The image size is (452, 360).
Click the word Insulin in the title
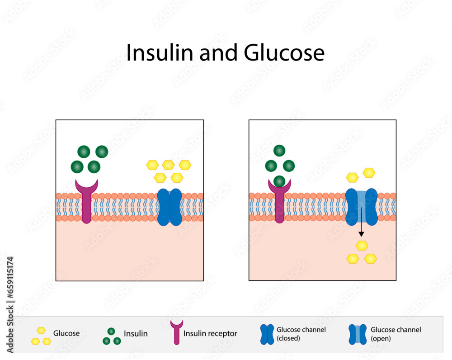[x=155, y=53]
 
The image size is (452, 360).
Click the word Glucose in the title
[x=284, y=53]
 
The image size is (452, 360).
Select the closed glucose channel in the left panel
[x=169, y=207]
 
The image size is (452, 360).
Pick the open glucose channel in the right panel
[x=362, y=207]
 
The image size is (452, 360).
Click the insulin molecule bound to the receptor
[x=280, y=180]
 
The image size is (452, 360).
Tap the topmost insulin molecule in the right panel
[x=280, y=151]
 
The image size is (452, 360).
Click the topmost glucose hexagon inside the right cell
[x=362, y=246]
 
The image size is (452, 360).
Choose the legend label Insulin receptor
[x=210, y=334]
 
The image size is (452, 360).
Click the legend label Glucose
[x=66, y=333]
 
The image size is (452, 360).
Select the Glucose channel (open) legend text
[x=395, y=334]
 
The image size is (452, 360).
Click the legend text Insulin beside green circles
[x=136, y=334]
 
